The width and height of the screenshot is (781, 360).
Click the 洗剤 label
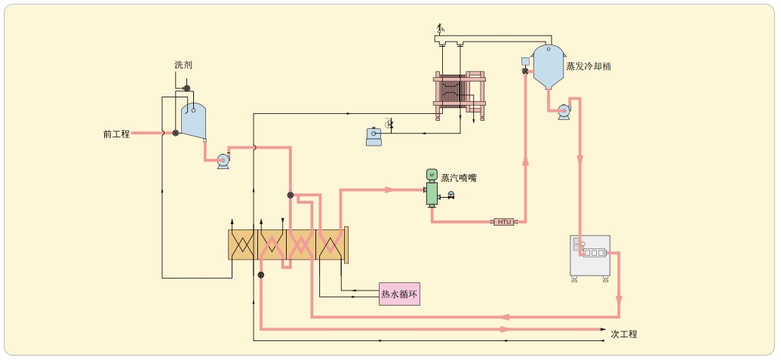pos(183,66)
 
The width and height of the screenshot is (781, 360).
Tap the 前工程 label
pos(116,134)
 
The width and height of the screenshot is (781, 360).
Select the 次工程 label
pos(624,334)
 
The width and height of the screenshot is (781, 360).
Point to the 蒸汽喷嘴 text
pos(459,178)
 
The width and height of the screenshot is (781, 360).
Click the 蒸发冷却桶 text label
pos(589,66)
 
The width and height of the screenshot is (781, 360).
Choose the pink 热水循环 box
pos(399,294)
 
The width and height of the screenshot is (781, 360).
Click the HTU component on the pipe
pos(504,222)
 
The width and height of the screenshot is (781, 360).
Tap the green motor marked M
pos(432,174)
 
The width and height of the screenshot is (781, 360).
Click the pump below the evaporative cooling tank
pos(564,112)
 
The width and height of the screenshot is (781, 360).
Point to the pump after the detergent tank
pos(223,160)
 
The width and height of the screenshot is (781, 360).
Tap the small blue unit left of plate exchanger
pos(374,137)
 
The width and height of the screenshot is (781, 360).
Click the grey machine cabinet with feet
pos(589,257)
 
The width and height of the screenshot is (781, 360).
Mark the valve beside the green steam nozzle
pos(451,196)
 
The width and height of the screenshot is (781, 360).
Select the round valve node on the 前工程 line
pos(175,134)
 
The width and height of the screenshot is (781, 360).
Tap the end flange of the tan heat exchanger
pos(346,245)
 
